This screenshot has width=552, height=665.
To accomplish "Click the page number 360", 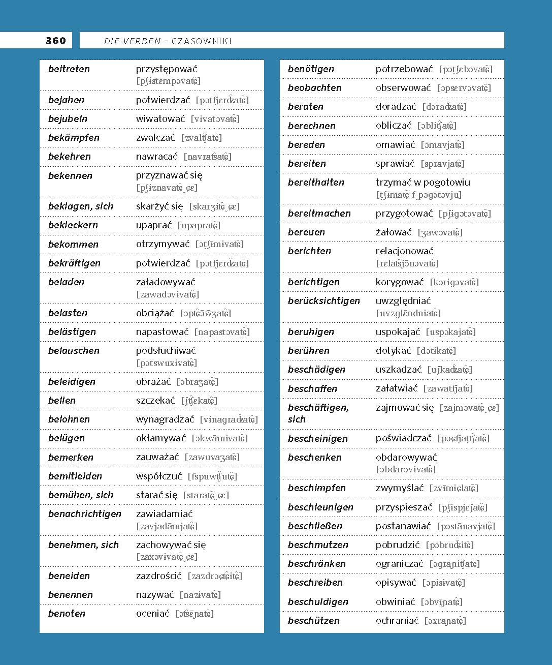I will pyautogui.click(x=55, y=41).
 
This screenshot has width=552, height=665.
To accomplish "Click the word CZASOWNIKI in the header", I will pyautogui.click(x=202, y=41).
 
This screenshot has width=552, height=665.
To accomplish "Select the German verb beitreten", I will pyautogui.click(x=69, y=69).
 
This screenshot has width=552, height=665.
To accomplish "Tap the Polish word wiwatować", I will pyautogui.click(x=160, y=119).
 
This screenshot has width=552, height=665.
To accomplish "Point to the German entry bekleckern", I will pyautogui.click(x=73, y=225).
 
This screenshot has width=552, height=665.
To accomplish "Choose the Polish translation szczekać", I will pyautogui.click(x=155, y=401).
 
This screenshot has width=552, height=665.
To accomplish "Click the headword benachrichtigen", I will pyautogui.click(x=85, y=513).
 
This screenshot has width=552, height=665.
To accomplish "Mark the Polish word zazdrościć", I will pyautogui.click(x=158, y=576).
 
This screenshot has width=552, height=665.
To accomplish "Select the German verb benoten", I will pyautogui.click(x=67, y=613).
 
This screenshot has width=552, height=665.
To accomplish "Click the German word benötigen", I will pyautogui.click(x=311, y=69).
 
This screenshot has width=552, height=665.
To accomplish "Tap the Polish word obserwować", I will pyautogui.click(x=403, y=87).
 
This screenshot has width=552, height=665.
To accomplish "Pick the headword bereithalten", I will pyautogui.click(x=316, y=182).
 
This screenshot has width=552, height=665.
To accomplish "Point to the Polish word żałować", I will pyautogui.click(x=394, y=232).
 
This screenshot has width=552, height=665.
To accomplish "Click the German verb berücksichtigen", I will pyautogui.click(x=324, y=300).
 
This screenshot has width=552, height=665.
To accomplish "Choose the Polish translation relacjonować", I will pyautogui.click(x=405, y=251).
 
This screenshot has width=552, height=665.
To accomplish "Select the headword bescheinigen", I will pyautogui.click(x=318, y=438).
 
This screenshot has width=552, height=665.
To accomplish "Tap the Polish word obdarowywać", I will pyautogui.click(x=406, y=457).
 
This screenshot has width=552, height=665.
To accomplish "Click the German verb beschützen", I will pyautogui.click(x=314, y=620).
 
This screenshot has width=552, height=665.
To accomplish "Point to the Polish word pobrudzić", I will pyautogui.click(x=398, y=545).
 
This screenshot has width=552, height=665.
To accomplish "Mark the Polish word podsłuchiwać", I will pyautogui.click(x=166, y=350).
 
